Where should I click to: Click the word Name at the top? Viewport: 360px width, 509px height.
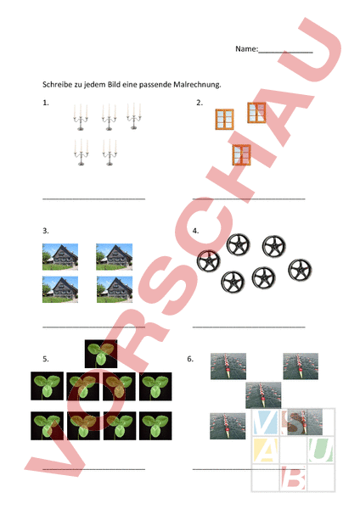246,49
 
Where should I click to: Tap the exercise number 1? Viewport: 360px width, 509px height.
46,103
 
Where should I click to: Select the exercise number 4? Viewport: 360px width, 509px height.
195,231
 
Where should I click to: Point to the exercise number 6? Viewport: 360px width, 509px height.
190,359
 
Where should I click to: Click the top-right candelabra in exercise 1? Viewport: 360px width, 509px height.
134,116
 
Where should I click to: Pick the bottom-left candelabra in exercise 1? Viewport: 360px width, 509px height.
81,152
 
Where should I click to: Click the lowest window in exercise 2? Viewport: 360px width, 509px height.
242,155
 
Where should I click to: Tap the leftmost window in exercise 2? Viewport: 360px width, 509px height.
224,120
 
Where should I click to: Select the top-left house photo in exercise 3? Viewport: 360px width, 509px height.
60,257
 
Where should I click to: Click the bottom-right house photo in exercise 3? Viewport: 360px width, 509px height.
115,289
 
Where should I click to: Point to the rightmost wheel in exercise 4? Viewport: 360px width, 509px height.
300,270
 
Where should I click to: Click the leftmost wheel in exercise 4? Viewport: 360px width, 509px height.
209,261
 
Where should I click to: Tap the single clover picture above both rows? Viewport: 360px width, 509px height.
101,354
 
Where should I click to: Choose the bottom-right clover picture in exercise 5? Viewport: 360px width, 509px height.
155,426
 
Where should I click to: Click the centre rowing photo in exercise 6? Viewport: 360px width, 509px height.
263,395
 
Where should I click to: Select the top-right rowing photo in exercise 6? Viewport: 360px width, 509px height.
301,366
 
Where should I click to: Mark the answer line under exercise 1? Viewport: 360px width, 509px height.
94,199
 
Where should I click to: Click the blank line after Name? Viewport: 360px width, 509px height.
285,52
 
